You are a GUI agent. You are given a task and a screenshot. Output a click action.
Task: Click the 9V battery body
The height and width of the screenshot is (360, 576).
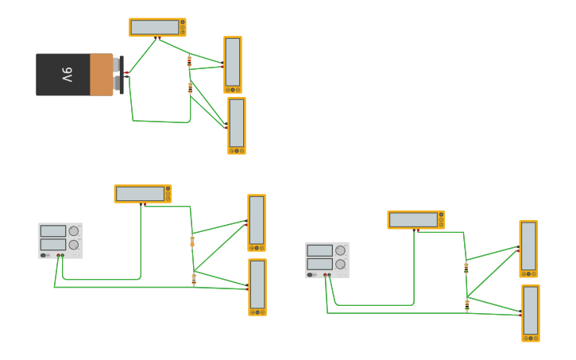tap(75, 75)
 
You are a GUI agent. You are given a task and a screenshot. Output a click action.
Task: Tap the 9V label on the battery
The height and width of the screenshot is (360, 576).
tap(67, 75)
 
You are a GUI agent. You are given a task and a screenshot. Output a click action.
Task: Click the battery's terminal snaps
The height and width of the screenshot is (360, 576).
tap(119, 75)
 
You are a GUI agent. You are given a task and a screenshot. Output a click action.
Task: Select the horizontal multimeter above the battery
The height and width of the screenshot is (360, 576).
tap(157, 27)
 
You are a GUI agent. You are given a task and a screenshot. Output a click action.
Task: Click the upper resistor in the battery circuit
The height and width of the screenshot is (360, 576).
tap(189, 60)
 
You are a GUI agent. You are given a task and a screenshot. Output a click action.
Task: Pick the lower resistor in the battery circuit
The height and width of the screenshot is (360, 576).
tap(190, 87)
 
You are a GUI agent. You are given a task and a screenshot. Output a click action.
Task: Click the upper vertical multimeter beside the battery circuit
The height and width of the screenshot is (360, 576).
tap(233, 64)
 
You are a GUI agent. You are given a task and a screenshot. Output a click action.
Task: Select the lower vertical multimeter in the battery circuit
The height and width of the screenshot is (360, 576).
tap(237, 125)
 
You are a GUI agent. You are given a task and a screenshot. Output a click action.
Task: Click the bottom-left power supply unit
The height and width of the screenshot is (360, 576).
tap(60, 240)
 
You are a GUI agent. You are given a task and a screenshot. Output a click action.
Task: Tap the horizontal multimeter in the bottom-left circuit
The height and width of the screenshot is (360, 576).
tap(143, 193)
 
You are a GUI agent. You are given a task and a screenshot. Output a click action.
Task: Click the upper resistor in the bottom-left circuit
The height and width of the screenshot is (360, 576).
tap(192, 241)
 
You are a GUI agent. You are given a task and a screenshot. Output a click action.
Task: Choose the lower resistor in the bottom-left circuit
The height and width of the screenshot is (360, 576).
tap(193, 278)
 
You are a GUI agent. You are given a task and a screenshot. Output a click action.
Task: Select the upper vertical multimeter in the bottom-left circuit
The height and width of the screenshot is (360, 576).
tap(257, 222)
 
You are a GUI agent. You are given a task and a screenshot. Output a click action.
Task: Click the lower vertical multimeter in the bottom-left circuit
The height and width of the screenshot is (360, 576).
tap(257, 286)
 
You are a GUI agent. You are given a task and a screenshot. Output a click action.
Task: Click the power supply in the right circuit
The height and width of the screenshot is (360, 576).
tap(327, 260)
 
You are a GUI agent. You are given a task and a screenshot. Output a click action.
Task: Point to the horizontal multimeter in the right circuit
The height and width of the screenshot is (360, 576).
tap(416, 219)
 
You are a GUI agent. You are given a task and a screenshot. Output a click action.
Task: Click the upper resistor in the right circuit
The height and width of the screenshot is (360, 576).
tap(466, 268)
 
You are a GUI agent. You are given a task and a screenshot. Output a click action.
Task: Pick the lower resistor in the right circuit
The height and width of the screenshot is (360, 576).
tap(467, 304)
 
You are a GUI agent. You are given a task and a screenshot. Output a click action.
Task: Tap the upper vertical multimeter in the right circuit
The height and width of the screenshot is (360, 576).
tap(528, 248)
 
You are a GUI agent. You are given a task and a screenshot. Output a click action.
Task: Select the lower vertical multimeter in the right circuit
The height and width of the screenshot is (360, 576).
tap(531, 312)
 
